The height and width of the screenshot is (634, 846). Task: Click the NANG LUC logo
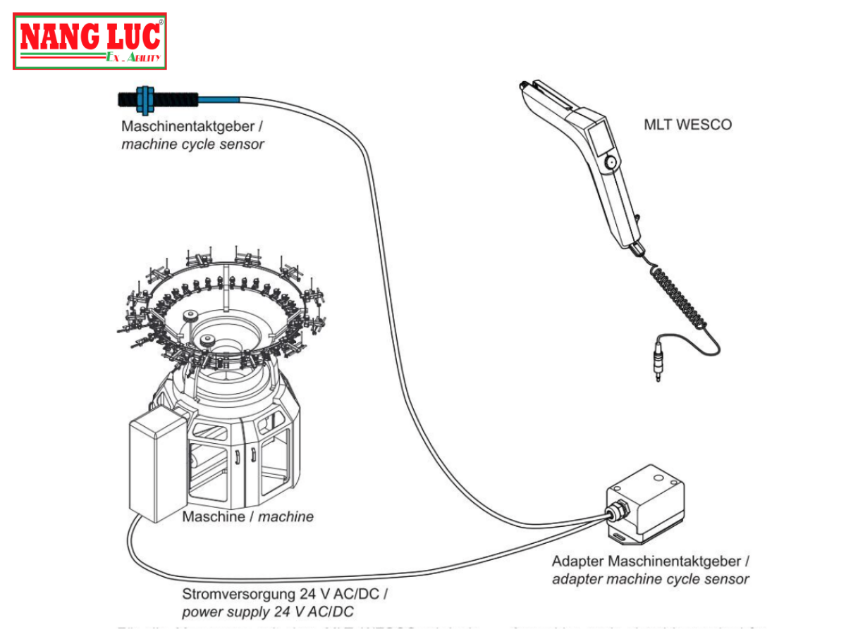click(x=90, y=41)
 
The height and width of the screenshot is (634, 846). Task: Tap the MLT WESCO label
click(x=687, y=125)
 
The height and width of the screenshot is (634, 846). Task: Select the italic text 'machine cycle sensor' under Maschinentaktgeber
click(x=192, y=144)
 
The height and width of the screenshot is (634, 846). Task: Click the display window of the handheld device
click(x=600, y=139)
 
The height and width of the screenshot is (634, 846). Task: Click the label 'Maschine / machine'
click(x=247, y=517)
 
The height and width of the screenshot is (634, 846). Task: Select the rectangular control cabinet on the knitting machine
click(x=157, y=464)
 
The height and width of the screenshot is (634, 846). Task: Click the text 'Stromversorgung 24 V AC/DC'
click(x=285, y=594)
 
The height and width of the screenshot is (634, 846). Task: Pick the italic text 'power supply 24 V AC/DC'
click(x=268, y=611)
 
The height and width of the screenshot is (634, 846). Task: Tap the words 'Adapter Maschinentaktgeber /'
click(x=650, y=561)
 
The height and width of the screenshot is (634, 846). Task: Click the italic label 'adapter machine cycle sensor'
click(x=650, y=579)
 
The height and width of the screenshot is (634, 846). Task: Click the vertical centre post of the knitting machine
click(x=223, y=289)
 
